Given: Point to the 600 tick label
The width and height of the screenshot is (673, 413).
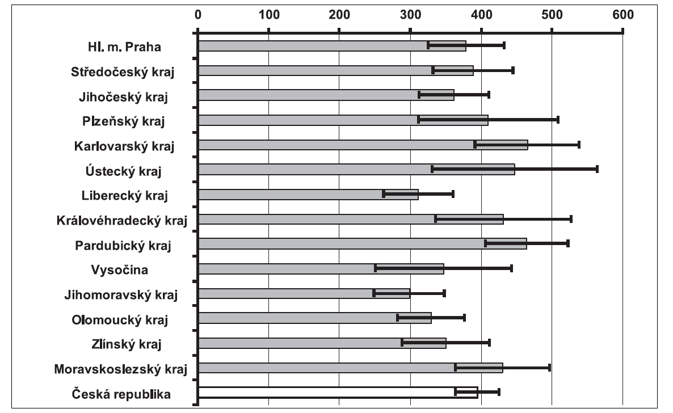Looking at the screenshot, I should pyautogui.click(x=622, y=14).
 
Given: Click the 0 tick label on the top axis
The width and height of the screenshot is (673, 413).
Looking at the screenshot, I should pyautogui.click(x=197, y=14).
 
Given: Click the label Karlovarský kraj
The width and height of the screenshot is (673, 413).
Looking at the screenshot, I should pyautogui.click(x=124, y=146).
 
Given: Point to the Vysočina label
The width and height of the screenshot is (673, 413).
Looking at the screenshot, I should pyautogui.click(x=119, y=269).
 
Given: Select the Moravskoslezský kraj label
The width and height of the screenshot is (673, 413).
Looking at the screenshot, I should pyautogui.click(x=120, y=369).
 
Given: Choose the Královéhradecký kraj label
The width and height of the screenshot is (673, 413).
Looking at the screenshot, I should pyautogui.click(x=122, y=220).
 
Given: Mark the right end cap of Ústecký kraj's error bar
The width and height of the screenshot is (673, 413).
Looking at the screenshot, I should pyautogui.click(x=597, y=169).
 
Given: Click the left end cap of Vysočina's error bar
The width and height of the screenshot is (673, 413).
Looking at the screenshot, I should pyautogui.click(x=375, y=268).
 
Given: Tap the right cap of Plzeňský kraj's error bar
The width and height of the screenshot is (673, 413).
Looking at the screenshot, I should pyautogui.click(x=558, y=120).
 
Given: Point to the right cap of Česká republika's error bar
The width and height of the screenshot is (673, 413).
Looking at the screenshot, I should pyautogui.click(x=499, y=392).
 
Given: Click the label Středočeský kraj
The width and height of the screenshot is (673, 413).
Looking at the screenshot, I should pyautogui.click(x=122, y=71).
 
